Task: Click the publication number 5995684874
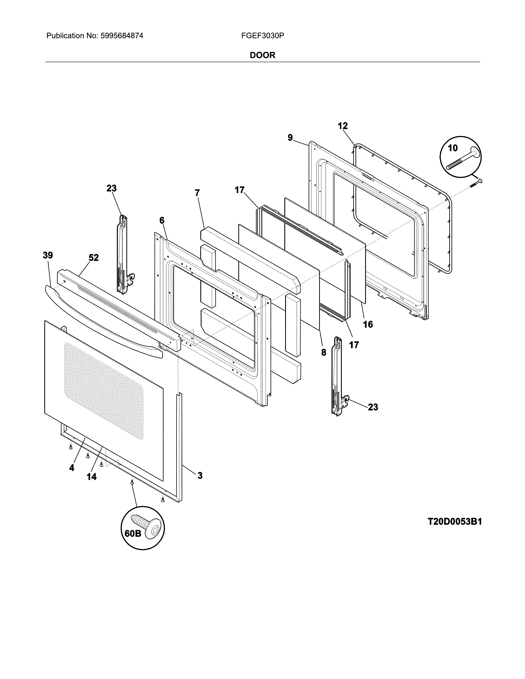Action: pos(122,36)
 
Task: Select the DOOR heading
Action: pos(262,55)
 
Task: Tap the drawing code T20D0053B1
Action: pos(454,521)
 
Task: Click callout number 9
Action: pos(290,137)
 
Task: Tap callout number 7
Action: pos(197,193)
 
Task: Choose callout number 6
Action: pos(162,220)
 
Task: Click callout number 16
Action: pos(368,324)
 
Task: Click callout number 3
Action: pos(200,475)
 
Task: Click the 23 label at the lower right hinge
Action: pos(373,407)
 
